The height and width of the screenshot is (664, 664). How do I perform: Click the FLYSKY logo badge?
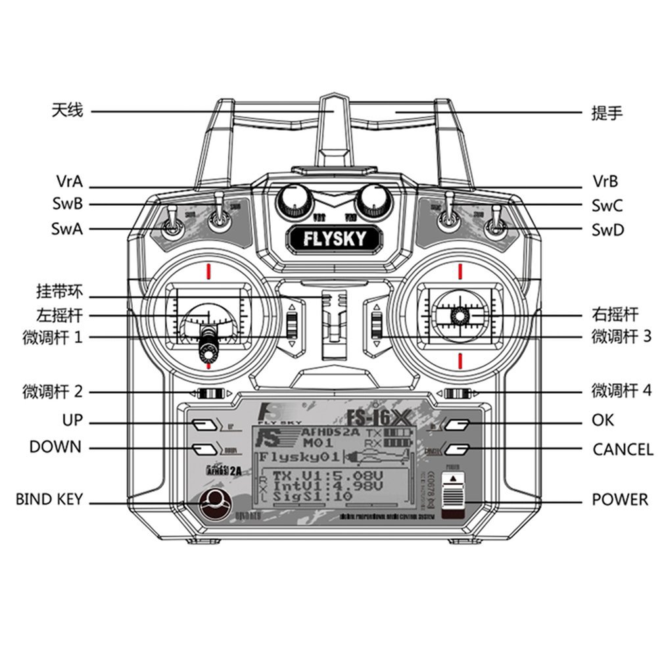point(333,238)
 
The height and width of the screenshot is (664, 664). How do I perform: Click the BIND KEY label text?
point(49,500)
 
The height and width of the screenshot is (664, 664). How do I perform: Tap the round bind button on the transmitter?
point(212,503)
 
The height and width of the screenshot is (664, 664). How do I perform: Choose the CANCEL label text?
point(622,450)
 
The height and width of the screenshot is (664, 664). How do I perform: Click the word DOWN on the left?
point(55,447)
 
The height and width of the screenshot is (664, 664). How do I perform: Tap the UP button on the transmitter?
point(204,424)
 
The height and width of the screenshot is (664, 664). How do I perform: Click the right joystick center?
point(460,316)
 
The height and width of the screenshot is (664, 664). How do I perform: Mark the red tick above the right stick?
point(460,270)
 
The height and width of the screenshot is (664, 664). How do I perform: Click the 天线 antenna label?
point(67,110)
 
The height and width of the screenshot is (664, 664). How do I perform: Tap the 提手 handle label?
point(606,113)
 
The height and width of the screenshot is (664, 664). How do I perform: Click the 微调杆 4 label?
point(621,391)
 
